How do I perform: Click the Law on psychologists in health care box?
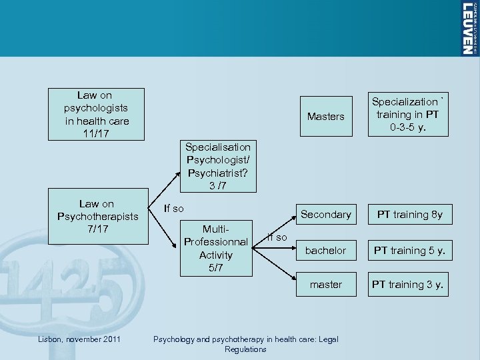click(97, 114)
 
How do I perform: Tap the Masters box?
click(325, 116)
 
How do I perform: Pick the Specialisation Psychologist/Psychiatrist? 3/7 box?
click(218, 166)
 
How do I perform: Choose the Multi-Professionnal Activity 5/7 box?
click(216, 248)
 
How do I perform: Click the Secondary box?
click(325, 215)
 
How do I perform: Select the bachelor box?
click(325, 250)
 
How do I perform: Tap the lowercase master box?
click(325, 284)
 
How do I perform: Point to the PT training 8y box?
click(410, 215)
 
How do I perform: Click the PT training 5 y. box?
click(410, 250)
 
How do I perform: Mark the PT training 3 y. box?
click(410, 284)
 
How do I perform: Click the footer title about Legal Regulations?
click(245, 344)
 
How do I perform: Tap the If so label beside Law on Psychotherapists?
click(173, 208)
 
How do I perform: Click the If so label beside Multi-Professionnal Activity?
click(277, 237)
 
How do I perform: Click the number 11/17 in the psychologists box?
click(97, 133)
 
